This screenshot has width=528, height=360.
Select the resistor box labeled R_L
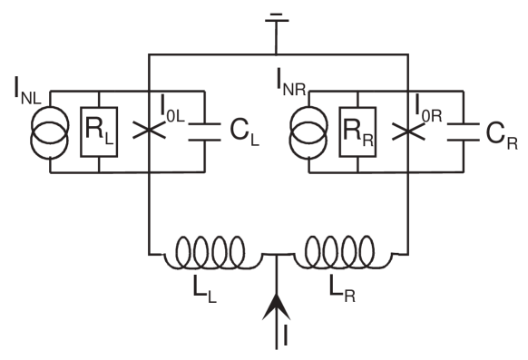click(98, 131)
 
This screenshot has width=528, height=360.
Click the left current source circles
click(50, 132)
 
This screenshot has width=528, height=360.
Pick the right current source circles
click(308, 132)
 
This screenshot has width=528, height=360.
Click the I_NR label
click(292, 83)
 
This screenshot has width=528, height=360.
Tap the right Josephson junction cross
click(409, 131)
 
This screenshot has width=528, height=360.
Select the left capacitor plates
click(205, 131)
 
